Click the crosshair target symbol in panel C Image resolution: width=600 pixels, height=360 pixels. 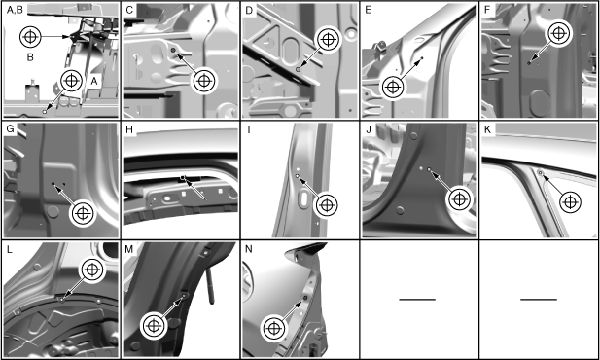pyautogui.click(x=204, y=81)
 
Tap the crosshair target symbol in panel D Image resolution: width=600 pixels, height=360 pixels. pyautogui.click(x=328, y=39)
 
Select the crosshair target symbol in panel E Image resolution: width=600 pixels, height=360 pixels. pyautogui.click(x=393, y=87)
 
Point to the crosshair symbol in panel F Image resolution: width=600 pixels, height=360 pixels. pyautogui.click(x=559, y=34)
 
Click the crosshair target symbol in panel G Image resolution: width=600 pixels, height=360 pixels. pyautogui.click(x=83, y=213)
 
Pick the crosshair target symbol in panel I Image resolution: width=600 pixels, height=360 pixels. pyautogui.click(x=327, y=205)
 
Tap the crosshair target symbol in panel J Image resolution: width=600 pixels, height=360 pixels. pyautogui.click(x=459, y=199)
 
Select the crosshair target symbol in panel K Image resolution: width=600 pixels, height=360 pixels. pyautogui.click(x=570, y=201)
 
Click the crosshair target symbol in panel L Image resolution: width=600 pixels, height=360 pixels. pyautogui.click(x=92, y=270)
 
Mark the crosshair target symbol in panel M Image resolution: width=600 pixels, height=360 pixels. pyautogui.click(x=154, y=326)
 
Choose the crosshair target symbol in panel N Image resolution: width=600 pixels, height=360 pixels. pyautogui.click(x=274, y=328)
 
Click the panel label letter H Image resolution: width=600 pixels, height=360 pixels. pyautogui.click(x=129, y=129)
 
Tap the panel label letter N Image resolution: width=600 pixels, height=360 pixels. pyautogui.click(x=248, y=249)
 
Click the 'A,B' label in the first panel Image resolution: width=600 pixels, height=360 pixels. pyautogui.click(x=15, y=10)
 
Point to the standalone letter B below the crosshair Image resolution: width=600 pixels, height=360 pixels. pyautogui.click(x=30, y=57)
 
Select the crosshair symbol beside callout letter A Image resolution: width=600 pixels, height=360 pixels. pyautogui.click(x=71, y=81)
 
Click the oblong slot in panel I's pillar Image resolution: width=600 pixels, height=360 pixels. pyautogui.click(x=304, y=198)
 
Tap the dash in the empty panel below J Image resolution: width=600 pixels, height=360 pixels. pyautogui.click(x=417, y=300)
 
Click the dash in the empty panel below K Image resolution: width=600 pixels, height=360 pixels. pyautogui.click(x=539, y=300)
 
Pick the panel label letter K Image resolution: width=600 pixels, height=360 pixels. pyautogui.click(x=487, y=129)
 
